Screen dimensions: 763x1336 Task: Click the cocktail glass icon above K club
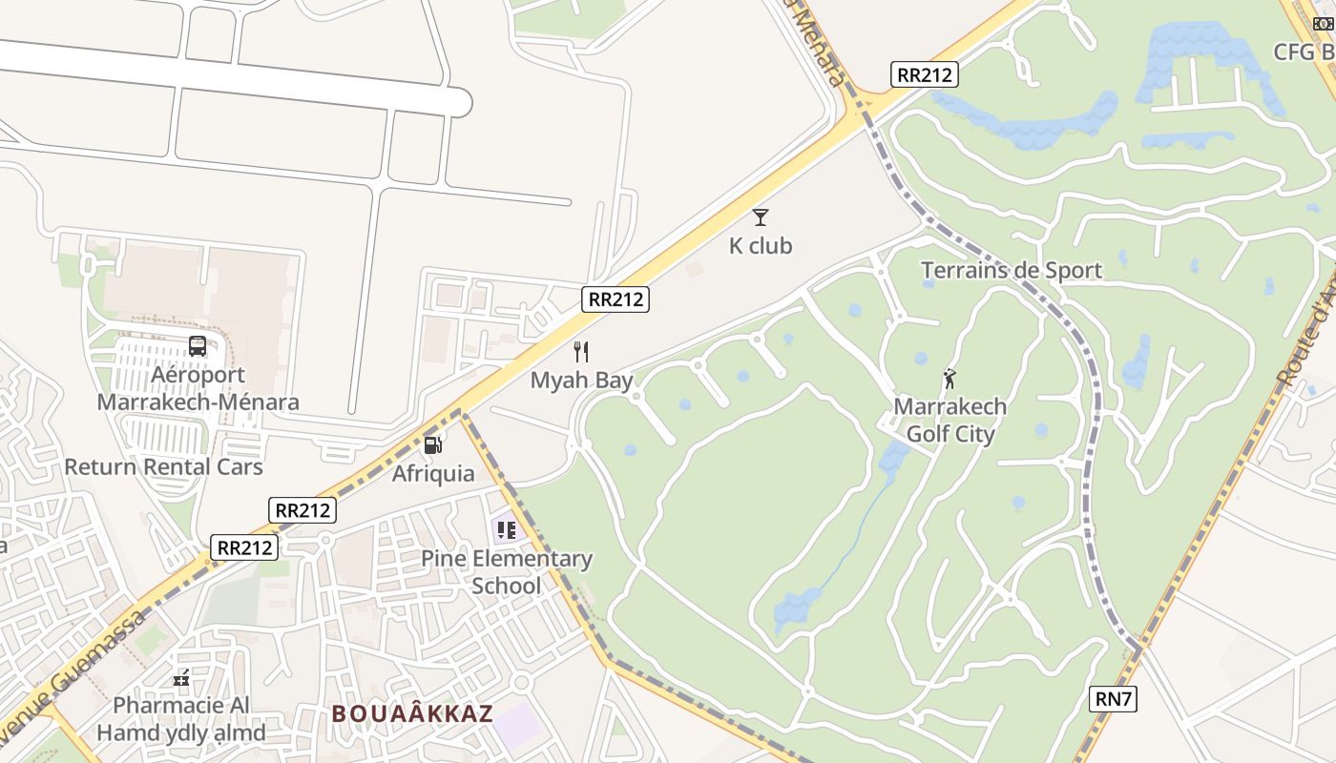pyautogui.click(x=761, y=217)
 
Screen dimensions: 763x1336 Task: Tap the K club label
pyautogui.click(x=761, y=246)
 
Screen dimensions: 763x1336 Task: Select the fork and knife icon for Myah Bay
pyautogui.click(x=581, y=352)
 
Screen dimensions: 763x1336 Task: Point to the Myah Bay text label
pyautogui.click(x=582, y=381)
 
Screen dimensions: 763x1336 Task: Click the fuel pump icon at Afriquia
pyautogui.click(x=433, y=444)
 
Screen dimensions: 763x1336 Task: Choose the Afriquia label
pyautogui.click(x=433, y=473)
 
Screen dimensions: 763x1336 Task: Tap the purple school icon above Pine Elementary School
pyautogui.click(x=506, y=529)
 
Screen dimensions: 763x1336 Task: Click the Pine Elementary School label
pyautogui.click(x=507, y=572)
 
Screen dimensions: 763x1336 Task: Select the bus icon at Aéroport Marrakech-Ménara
pyautogui.click(x=198, y=346)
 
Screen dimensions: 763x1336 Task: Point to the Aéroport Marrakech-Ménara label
pyautogui.click(x=198, y=388)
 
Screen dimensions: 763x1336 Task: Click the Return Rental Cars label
pyautogui.click(x=163, y=467)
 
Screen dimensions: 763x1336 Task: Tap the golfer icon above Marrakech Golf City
pyautogui.click(x=950, y=379)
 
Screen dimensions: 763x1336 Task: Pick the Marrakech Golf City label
pyautogui.click(x=950, y=421)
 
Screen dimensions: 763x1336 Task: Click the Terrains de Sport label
pyautogui.click(x=1012, y=271)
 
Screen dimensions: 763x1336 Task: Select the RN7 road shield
pyautogui.click(x=1113, y=699)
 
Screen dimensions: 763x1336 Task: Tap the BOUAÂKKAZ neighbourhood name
pyautogui.click(x=412, y=713)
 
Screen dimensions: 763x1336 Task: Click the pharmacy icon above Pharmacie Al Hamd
pyautogui.click(x=181, y=678)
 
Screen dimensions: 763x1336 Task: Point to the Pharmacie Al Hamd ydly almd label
pyautogui.click(x=181, y=719)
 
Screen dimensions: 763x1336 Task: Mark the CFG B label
pyautogui.click(x=1304, y=52)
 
